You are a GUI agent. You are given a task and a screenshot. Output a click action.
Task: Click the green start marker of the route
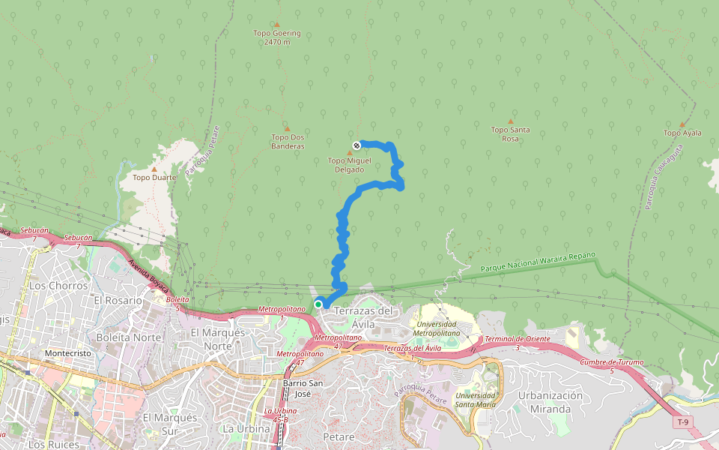[x=318, y=304]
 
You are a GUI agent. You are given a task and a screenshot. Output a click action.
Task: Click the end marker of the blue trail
[x=357, y=145]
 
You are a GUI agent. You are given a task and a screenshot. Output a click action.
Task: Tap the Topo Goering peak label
[x=276, y=37]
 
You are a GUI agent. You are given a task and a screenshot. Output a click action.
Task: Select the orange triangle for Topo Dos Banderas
[x=286, y=128]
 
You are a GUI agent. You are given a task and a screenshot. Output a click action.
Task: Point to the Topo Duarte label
[x=154, y=178]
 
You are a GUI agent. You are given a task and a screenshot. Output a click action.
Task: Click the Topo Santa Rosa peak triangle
[x=511, y=121]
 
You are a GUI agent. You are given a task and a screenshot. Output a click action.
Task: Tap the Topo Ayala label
[x=682, y=133]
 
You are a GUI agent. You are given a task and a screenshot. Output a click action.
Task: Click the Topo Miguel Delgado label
[x=349, y=165]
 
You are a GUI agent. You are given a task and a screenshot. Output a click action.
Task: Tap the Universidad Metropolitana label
[x=448, y=328]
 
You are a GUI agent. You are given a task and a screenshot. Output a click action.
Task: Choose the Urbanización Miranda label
[x=550, y=402]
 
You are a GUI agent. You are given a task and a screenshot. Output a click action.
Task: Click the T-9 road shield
[x=682, y=422]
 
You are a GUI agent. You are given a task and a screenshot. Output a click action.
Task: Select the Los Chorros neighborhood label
[x=58, y=286]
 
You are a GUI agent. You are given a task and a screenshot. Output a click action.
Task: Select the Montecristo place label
[x=67, y=352]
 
